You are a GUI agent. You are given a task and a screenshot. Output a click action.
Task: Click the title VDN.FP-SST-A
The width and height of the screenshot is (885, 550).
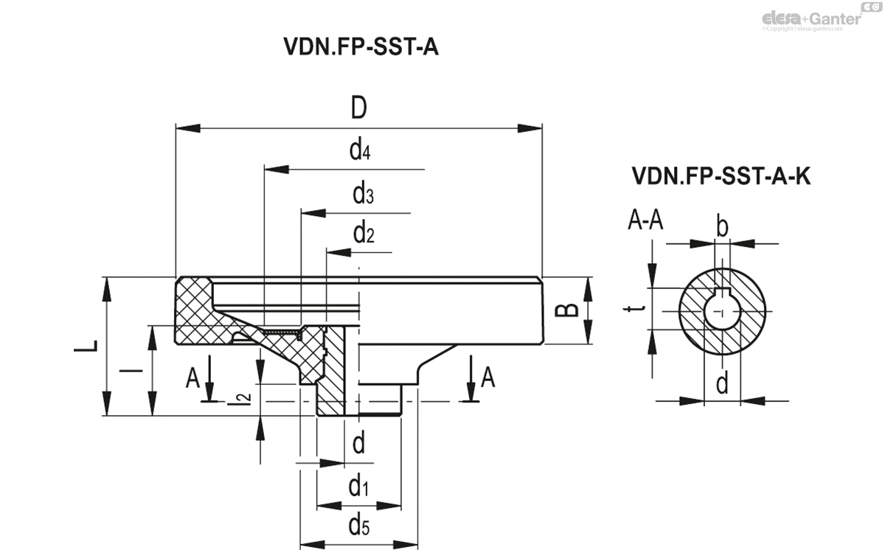coord(361,47)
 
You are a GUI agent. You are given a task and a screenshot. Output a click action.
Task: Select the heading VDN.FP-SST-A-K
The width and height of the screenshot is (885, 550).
coord(721,176)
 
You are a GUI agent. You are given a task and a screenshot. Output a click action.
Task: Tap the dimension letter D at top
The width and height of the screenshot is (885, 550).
coord(358,108)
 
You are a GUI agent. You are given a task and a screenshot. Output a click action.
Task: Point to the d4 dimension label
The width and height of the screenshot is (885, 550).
coord(359,151)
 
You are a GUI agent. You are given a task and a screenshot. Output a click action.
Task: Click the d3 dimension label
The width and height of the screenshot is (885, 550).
coord(363,195)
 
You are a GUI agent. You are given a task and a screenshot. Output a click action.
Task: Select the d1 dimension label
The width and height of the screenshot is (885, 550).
coord(359,487)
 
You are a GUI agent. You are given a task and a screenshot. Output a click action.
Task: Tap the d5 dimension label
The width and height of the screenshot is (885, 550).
coord(359,526)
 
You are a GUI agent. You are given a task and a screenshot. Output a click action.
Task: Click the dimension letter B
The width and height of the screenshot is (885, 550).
coord(566,310)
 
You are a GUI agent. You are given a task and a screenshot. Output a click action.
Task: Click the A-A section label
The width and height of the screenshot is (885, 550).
coord(646,220)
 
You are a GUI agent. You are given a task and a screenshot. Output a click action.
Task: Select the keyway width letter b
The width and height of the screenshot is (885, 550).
coord(723,226)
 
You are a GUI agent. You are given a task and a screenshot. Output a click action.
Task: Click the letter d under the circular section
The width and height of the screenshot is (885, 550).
coord(723,383)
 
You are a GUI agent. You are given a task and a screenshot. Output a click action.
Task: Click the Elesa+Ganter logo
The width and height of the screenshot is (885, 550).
coord(812,17)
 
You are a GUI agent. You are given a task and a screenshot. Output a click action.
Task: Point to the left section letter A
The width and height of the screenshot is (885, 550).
coord(193,378)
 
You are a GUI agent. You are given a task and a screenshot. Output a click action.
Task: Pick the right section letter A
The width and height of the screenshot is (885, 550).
coord(487,378)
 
